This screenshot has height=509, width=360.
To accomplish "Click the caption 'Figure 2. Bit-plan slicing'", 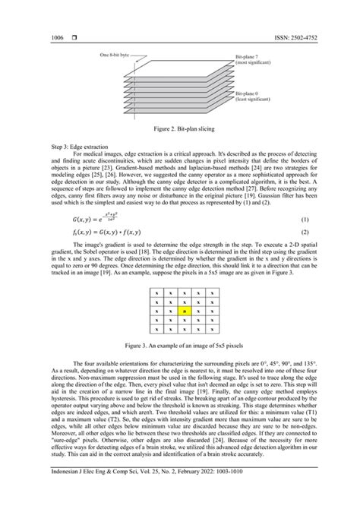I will pyautogui.click(x=180, y=129).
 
